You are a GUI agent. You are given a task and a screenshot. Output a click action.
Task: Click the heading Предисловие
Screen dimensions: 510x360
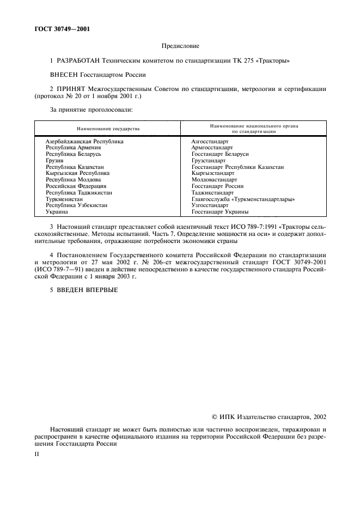tap(180, 47)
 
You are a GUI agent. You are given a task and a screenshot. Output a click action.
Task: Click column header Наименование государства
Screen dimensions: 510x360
tap(108, 129)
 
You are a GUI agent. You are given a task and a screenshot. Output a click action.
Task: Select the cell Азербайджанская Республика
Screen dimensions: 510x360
tap(84, 141)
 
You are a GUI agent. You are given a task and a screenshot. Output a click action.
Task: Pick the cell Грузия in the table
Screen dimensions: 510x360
tap(54, 161)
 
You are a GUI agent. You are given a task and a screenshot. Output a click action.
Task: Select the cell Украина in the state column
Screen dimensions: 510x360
tap(57, 212)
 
